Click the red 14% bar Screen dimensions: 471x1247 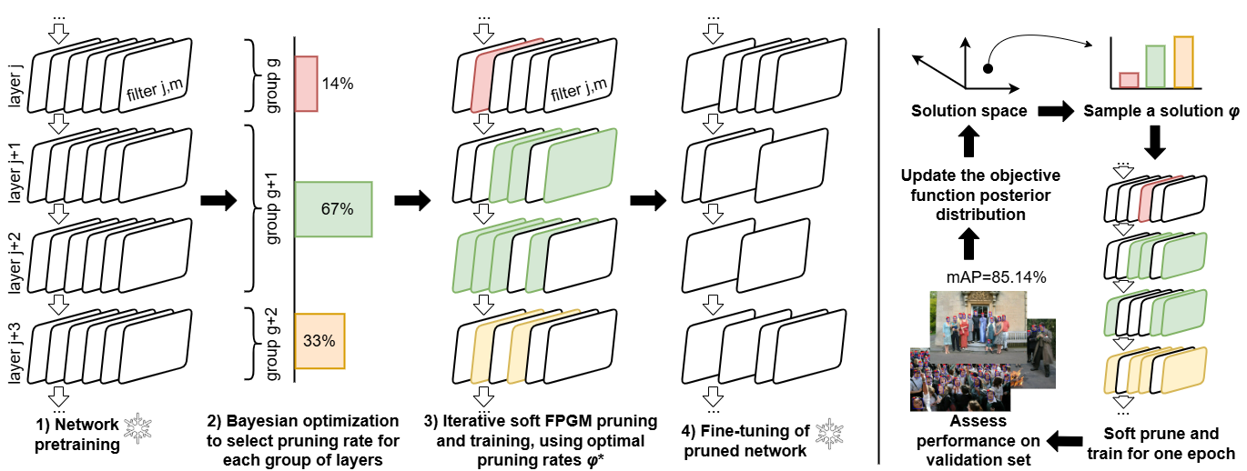coord(306,84)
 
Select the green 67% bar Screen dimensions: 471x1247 coord(333,208)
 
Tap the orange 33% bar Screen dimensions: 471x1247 coord(320,341)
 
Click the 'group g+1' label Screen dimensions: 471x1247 coord(273,209)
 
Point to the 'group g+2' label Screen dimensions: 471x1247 coord(273,342)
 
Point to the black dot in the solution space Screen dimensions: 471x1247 coord(989,68)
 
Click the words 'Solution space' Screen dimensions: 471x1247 coord(969,112)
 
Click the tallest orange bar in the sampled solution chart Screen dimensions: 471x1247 coord(1183,63)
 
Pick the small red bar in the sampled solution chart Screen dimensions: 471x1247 coord(1129,80)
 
